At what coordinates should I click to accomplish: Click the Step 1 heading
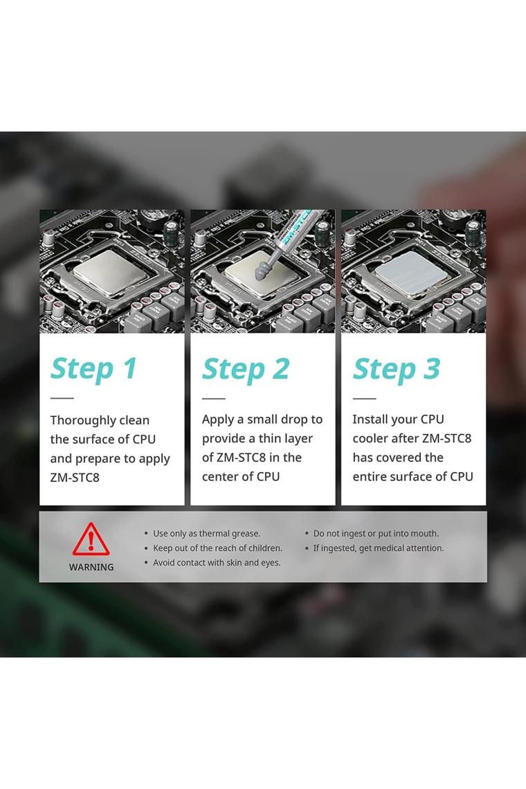pos(93,369)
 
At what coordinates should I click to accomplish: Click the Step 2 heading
pos(246,369)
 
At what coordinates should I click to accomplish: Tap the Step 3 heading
pos(397,369)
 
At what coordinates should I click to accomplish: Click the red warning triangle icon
pos(91,539)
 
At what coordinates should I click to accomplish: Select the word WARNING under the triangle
pos(91,567)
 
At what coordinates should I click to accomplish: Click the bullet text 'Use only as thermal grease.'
pos(206,534)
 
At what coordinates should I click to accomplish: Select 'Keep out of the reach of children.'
pos(217,548)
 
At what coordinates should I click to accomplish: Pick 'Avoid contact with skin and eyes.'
pos(217,563)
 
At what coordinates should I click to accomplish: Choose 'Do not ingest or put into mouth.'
pos(376,534)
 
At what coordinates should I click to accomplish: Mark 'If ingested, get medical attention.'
pos(379,548)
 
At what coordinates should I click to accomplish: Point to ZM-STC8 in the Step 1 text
pos(75,478)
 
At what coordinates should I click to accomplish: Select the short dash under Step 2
pos(213,398)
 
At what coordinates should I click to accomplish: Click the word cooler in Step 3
pos(370,438)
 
